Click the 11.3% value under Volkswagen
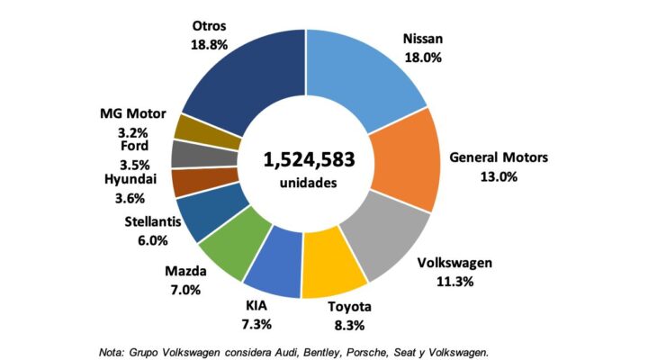click(454, 282)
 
